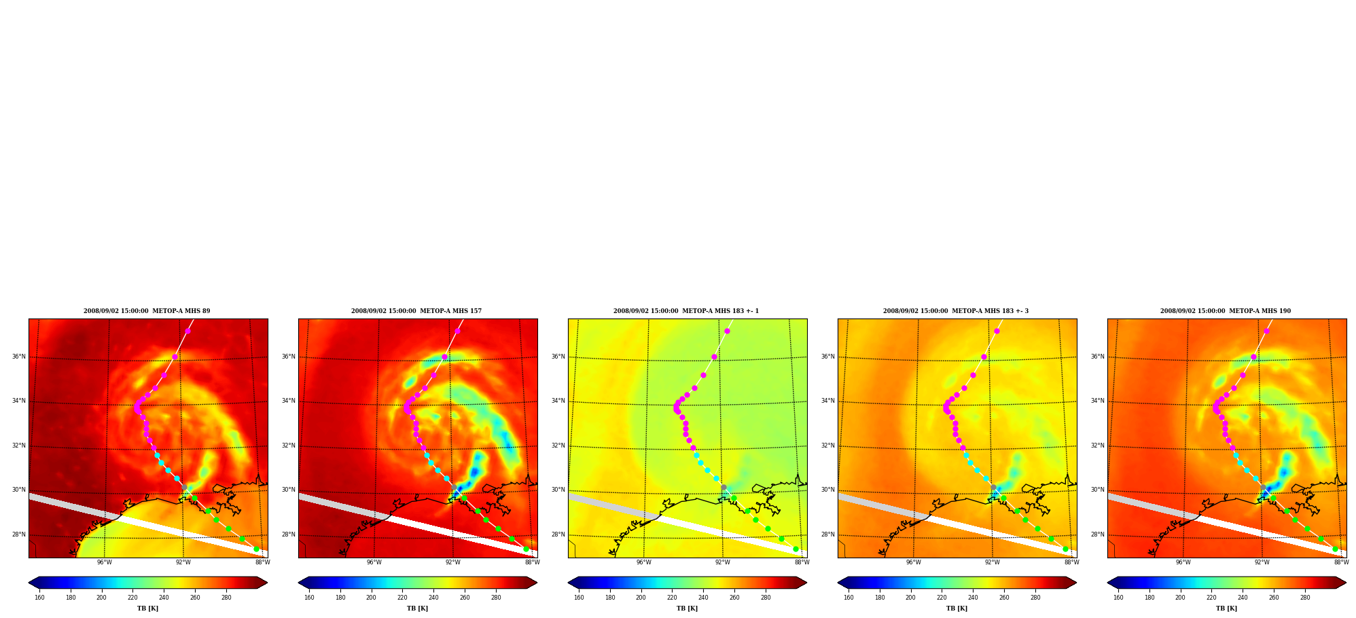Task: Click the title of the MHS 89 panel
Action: (x=147, y=311)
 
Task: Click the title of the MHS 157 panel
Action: (x=416, y=311)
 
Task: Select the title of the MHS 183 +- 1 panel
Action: (x=686, y=311)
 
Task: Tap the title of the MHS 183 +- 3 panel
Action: (x=956, y=311)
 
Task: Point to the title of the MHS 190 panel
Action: (x=1226, y=311)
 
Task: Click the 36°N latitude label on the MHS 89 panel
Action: (x=18, y=357)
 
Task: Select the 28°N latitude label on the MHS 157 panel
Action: (x=288, y=534)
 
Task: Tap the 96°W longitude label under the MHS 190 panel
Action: (x=1183, y=562)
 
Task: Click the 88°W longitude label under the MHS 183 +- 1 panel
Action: (x=802, y=562)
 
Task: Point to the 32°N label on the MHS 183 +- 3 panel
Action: (x=827, y=446)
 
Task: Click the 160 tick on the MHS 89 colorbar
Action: (x=39, y=598)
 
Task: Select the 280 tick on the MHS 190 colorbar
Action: (x=1305, y=598)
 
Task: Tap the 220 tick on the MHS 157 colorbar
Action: (x=402, y=598)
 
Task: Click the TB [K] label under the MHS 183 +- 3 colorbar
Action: (x=957, y=608)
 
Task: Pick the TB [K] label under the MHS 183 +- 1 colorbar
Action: (x=687, y=608)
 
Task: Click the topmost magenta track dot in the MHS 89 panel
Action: (x=188, y=331)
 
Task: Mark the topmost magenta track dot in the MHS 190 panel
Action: (x=1266, y=331)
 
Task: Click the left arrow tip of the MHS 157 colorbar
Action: (x=299, y=583)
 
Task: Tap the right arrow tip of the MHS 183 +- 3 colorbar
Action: (x=1076, y=583)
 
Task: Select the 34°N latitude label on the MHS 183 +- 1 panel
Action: (x=558, y=401)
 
